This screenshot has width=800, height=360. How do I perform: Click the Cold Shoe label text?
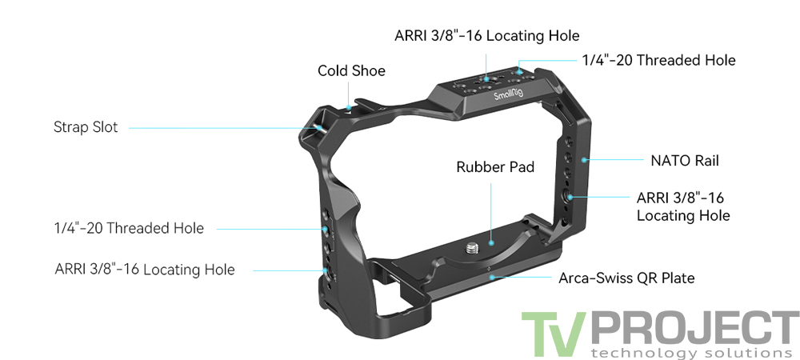pos(351,71)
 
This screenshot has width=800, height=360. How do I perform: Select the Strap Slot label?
pos(86,127)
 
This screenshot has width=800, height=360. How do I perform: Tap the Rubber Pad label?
pos(494,167)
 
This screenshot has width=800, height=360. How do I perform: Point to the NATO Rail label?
pos(684,161)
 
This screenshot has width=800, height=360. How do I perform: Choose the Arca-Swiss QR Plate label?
pos(626,278)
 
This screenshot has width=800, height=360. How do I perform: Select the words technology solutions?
pos(686,352)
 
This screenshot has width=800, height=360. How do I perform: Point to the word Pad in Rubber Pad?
pos(519,167)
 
